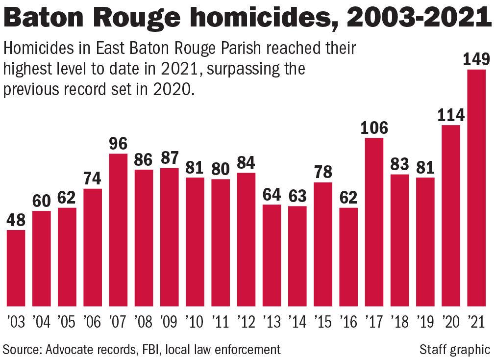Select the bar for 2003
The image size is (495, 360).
[x=16, y=268]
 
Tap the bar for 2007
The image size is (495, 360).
[x=119, y=230]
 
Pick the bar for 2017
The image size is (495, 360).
[x=374, y=222]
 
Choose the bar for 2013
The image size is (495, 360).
[x=272, y=255]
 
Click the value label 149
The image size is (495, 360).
[x=476, y=60]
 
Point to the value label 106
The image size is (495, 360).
[x=374, y=129]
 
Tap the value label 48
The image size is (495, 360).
[x=16, y=221]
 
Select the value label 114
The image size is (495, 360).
[x=451, y=116]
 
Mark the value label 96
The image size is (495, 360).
[x=119, y=144]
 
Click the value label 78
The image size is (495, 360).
[x=323, y=173]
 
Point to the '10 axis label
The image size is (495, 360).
[x=195, y=322]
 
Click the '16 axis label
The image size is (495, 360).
[x=348, y=322]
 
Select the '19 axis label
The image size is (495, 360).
[x=425, y=322]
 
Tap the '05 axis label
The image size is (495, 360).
[x=67, y=322]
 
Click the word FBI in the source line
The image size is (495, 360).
[x=149, y=349]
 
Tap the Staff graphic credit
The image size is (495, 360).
[x=454, y=349]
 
